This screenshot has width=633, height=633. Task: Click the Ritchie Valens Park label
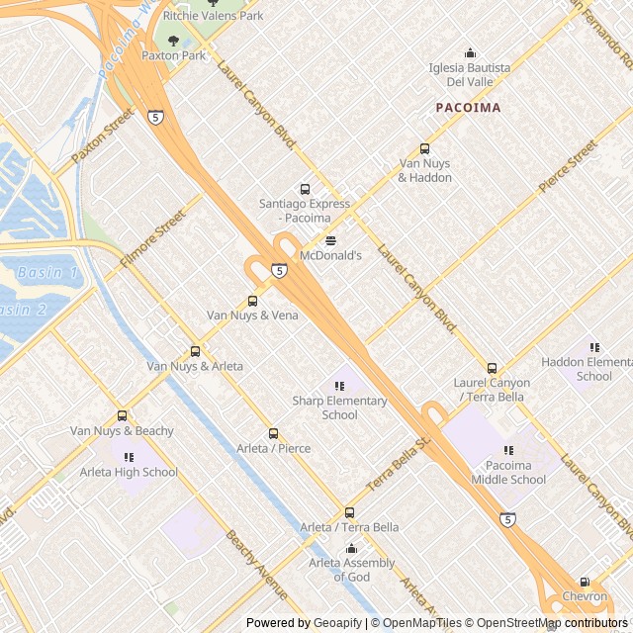click(x=213, y=16)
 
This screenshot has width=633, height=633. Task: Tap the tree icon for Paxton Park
click(x=174, y=41)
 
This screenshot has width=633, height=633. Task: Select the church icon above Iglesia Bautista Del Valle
click(x=470, y=52)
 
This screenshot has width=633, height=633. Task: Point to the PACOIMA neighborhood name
click(x=468, y=107)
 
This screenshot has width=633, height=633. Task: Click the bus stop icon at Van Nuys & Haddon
click(x=425, y=148)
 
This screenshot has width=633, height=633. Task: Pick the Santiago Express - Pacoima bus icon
click(x=305, y=189)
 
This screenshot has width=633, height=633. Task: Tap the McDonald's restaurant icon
click(x=330, y=240)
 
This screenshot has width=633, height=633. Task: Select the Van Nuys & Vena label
click(x=252, y=315)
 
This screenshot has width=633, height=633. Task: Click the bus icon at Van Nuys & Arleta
click(x=195, y=351)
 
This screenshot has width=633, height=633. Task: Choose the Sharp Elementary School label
click(x=339, y=407)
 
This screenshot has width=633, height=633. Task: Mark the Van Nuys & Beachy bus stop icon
click(x=122, y=415)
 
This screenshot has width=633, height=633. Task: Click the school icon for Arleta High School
click(x=129, y=457)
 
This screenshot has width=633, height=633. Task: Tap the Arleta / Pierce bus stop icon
click(x=273, y=433)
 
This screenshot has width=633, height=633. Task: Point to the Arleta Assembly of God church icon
click(x=351, y=548)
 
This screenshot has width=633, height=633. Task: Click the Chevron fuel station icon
click(x=585, y=582)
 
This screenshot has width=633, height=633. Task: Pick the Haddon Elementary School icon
click(x=594, y=347)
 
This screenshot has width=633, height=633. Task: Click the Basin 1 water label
click(x=47, y=272)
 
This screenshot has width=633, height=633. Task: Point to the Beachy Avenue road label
click(x=256, y=566)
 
